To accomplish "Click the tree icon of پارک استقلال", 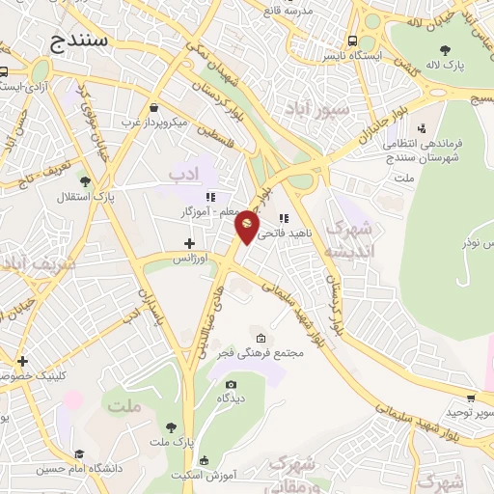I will click(x=86, y=180).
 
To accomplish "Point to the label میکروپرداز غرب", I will click(x=153, y=123).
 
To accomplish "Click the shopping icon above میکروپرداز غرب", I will click(x=154, y=107).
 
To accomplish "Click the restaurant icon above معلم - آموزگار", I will click(x=210, y=197).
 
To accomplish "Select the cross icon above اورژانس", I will click(x=189, y=243).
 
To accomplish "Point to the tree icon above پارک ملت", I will click(x=171, y=427).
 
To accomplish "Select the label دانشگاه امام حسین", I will click(x=79, y=470).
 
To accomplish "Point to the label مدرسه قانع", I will click(x=297, y=10).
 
